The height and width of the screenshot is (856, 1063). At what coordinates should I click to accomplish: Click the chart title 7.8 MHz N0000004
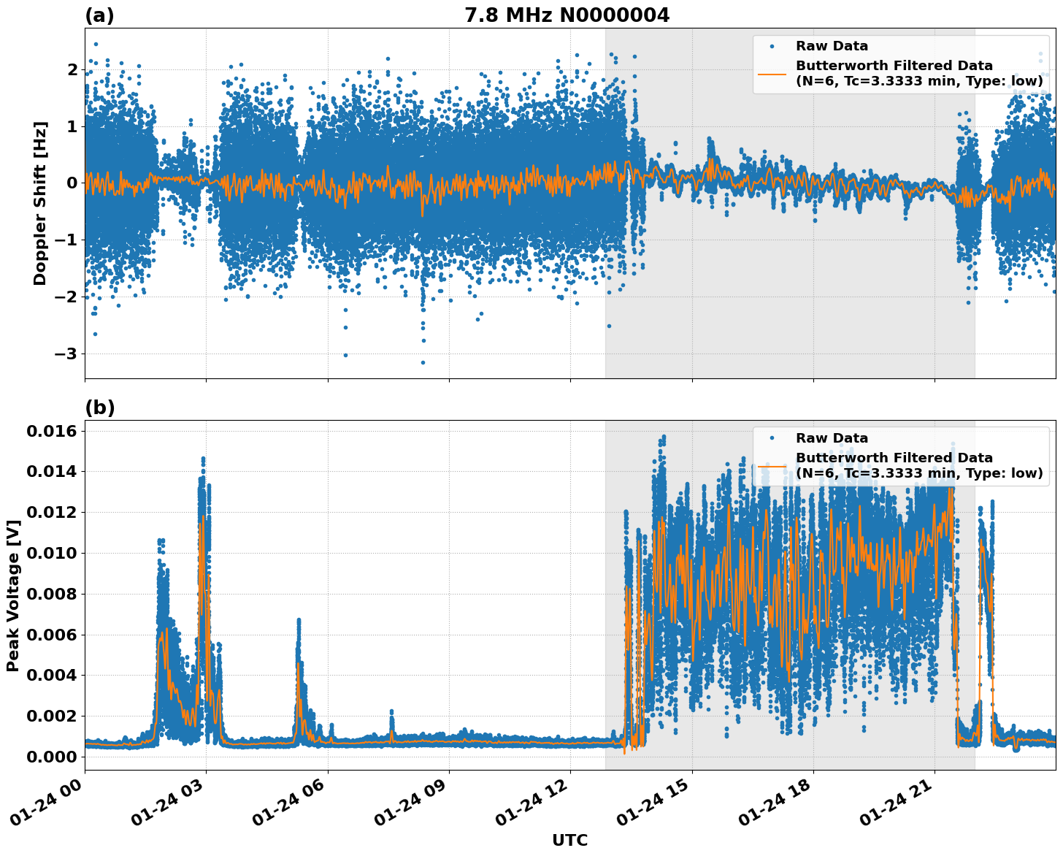pyautogui.click(x=567, y=15)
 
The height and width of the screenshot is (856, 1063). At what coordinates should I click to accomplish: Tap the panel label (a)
pyautogui.click(x=99, y=15)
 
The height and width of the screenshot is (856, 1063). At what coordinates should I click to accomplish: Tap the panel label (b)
pyautogui.click(x=99, y=408)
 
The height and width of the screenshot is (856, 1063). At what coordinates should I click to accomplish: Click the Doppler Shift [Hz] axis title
pyautogui.click(x=40, y=203)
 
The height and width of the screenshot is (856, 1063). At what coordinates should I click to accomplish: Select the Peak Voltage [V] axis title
pyautogui.click(x=12, y=595)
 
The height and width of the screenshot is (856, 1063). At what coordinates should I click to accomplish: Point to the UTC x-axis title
pyautogui.click(x=569, y=840)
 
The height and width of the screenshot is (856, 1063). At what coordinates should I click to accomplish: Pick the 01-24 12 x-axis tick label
pyautogui.click(x=538, y=807)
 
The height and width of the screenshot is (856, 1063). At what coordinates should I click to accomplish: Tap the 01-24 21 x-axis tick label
pyautogui.click(x=902, y=807)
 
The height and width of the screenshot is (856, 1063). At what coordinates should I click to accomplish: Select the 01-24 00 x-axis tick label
pyautogui.click(x=53, y=807)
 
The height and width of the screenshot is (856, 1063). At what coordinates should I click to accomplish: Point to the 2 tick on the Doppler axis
pyautogui.click(x=72, y=69)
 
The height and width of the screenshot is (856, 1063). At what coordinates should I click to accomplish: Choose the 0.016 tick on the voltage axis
pyautogui.click(x=53, y=431)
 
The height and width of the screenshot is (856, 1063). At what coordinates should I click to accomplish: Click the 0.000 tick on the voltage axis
pyautogui.click(x=53, y=757)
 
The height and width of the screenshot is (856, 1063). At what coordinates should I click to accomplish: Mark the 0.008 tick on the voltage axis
pyautogui.click(x=53, y=594)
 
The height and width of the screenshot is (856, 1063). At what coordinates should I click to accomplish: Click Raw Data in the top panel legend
pyautogui.click(x=832, y=46)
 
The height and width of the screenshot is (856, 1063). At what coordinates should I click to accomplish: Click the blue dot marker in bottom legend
pyautogui.click(x=772, y=438)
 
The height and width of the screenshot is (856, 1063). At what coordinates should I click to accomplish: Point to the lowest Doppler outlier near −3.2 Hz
pyautogui.click(x=423, y=362)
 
